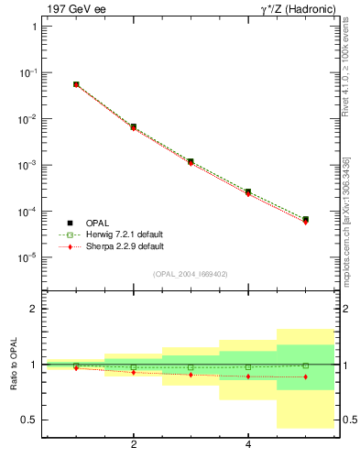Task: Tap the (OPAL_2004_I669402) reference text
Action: tap(190, 273)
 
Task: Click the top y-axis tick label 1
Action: tap(34, 27)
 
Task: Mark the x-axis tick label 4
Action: tap(248, 445)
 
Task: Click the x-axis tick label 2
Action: tap(134, 445)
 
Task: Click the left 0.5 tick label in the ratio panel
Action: tap(29, 420)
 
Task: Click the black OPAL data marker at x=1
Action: tap(76, 84)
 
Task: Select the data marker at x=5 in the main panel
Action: tap(305, 220)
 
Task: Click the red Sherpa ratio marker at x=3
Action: tap(191, 375)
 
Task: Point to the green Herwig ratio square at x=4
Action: tap(247, 366)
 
